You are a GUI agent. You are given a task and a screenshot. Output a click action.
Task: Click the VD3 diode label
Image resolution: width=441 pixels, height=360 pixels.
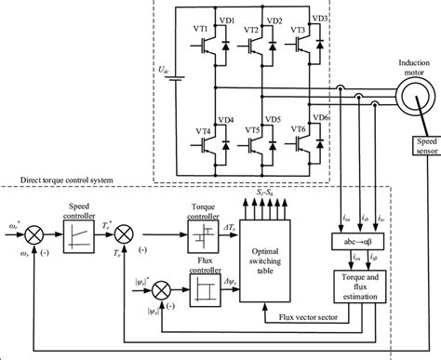320,19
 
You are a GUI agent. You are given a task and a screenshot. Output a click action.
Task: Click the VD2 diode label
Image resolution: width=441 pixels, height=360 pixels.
274,20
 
